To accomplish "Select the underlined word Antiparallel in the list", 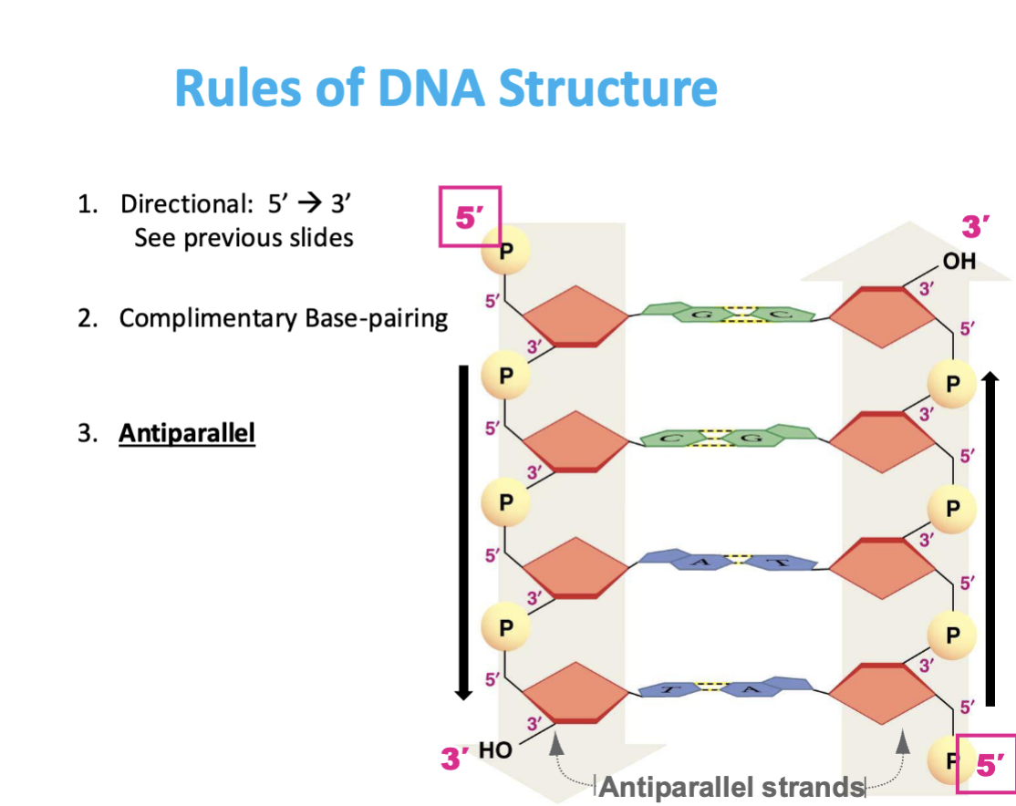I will coord(187,432).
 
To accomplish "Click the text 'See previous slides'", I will coord(244,238).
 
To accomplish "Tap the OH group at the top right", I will coord(959,262).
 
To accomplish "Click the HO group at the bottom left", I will coord(496,750).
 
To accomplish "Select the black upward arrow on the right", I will coord(991,538).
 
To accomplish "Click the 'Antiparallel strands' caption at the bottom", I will coord(731,786).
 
